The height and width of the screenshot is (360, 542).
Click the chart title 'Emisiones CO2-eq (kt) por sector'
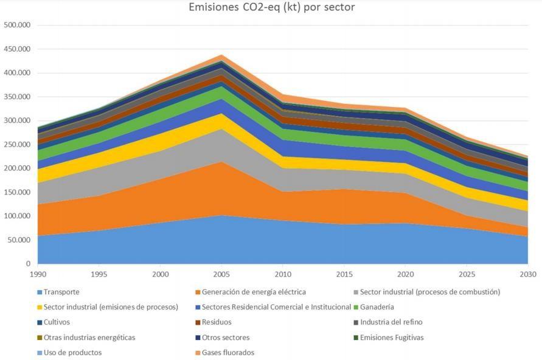(271, 8)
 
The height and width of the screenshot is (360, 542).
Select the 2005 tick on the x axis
(221, 274)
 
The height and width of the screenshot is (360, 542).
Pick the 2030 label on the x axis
(527, 274)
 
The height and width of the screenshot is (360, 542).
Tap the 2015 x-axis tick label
(344, 274)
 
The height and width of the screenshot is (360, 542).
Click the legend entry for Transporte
(62, 292)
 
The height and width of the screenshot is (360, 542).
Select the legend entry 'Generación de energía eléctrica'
(254, 292)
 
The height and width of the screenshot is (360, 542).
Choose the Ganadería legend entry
(377, 307)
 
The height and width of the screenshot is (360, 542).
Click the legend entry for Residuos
(217, 322)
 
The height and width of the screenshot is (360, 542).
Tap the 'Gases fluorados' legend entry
(228, 353)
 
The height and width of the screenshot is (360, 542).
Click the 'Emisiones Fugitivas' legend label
(392, 337)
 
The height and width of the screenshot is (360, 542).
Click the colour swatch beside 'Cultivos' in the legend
(40, 322)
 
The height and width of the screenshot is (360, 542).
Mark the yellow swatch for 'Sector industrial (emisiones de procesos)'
(40, 307)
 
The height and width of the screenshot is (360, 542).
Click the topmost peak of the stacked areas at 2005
(221, 55)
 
